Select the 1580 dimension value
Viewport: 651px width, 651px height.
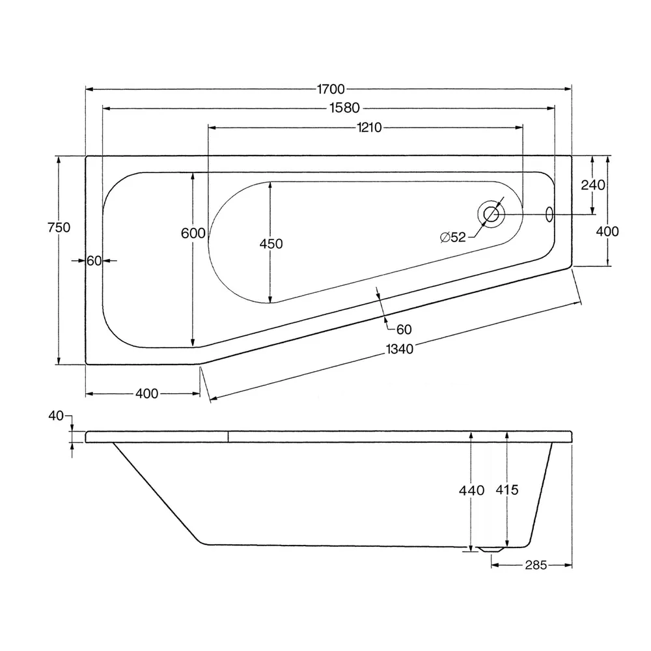click(x=345, y=108)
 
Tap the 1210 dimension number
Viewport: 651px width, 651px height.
click(x=368, y=128)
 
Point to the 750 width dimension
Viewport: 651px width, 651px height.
click(x=59, y=227)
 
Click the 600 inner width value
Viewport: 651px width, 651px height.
click(x=193, y=233)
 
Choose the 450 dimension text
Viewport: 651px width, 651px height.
click(x=271, y=243)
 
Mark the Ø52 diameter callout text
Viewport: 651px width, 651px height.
click(x=453, y=238)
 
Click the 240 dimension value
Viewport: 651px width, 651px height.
click(x=592, y=185)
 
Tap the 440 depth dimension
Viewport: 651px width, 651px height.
click(x=471, y=490)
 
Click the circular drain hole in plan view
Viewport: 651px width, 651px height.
click(x=491, y=214)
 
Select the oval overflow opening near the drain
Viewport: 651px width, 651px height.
click(x=548, y=214)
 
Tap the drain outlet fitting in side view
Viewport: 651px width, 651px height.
click(x=491, y=549)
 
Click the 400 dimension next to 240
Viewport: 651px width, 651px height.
click(x=607, y=231)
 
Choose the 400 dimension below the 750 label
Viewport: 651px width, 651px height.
click(x=147, y=393)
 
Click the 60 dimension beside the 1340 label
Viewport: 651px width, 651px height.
click(x=404, y=329)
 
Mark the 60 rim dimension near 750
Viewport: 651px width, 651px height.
click(x=94, y=260)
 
